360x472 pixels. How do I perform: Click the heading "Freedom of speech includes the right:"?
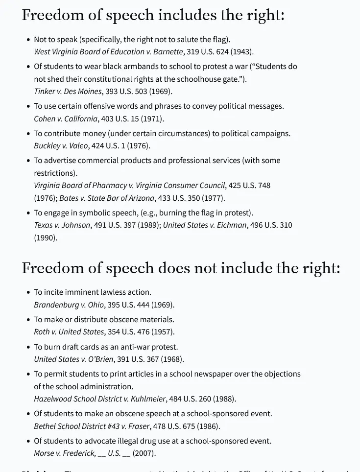153,15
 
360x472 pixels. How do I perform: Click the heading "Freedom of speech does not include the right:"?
181,268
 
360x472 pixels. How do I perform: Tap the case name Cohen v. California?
66,119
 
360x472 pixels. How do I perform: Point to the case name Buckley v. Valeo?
61,146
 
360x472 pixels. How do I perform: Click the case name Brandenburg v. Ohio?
69,305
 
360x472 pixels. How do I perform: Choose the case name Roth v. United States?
69,332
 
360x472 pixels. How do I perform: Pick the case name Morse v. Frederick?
65,453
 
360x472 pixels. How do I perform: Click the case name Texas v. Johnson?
62,225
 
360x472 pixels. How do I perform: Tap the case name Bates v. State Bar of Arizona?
107,198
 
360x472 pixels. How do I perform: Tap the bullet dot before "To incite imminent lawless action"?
28,293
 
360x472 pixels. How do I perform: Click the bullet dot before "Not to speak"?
28,40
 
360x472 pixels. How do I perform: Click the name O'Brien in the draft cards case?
100,359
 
